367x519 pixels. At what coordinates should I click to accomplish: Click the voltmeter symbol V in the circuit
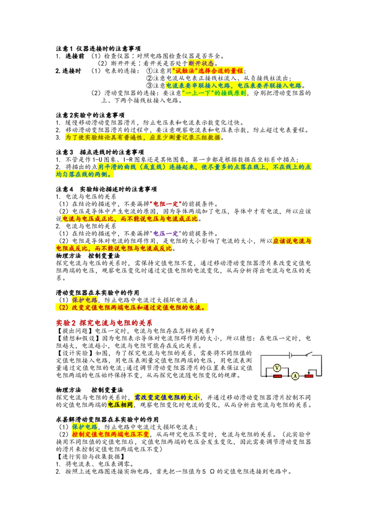pos(277,368)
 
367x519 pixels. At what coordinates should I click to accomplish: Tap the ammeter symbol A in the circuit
pos(295,375)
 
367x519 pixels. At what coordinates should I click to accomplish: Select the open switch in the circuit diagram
pos(308,354)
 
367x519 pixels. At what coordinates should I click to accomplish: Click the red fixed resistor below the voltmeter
pos(277,376)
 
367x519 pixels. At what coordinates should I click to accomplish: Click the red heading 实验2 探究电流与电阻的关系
pos(104,323)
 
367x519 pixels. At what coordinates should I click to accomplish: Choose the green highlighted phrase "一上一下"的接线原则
pos(214,93)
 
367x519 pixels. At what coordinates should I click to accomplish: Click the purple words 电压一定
pos(166,233)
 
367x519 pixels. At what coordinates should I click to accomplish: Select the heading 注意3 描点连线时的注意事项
pos(100,152)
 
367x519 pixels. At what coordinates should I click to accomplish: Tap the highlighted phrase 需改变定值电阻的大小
pos(167,397)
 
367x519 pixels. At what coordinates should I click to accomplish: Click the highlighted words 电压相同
pos(120,405)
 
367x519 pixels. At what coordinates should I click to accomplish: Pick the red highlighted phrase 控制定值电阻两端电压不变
pos(110,434)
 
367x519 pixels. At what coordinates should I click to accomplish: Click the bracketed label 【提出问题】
pos(75,331)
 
